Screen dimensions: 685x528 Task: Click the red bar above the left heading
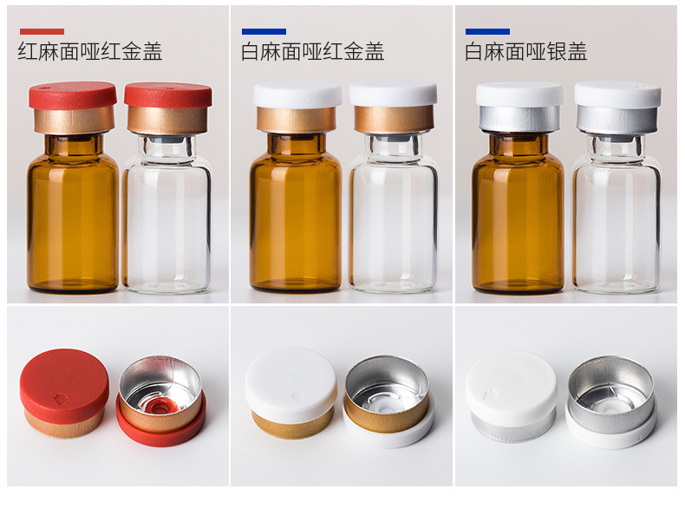(42, 31)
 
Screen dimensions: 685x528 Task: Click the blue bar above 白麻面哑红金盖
(264, 31)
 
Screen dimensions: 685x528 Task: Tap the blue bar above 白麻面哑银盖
(487, 31)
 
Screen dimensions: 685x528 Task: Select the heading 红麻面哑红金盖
(90, 51)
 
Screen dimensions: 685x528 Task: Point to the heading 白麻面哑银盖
(526, 51)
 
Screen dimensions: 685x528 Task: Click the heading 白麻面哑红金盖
(313, 51)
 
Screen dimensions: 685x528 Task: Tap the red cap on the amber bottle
(73, 95)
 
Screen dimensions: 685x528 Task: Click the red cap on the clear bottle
(168, 95)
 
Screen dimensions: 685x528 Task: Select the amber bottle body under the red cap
(73, 213)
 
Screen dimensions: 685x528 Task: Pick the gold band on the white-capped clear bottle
(394, 119)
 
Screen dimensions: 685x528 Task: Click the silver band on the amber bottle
(519, 119)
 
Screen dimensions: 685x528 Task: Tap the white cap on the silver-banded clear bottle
(617, 94)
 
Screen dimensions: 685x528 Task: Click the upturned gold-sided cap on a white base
(388, 401)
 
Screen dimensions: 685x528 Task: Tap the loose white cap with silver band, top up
(512, 396)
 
